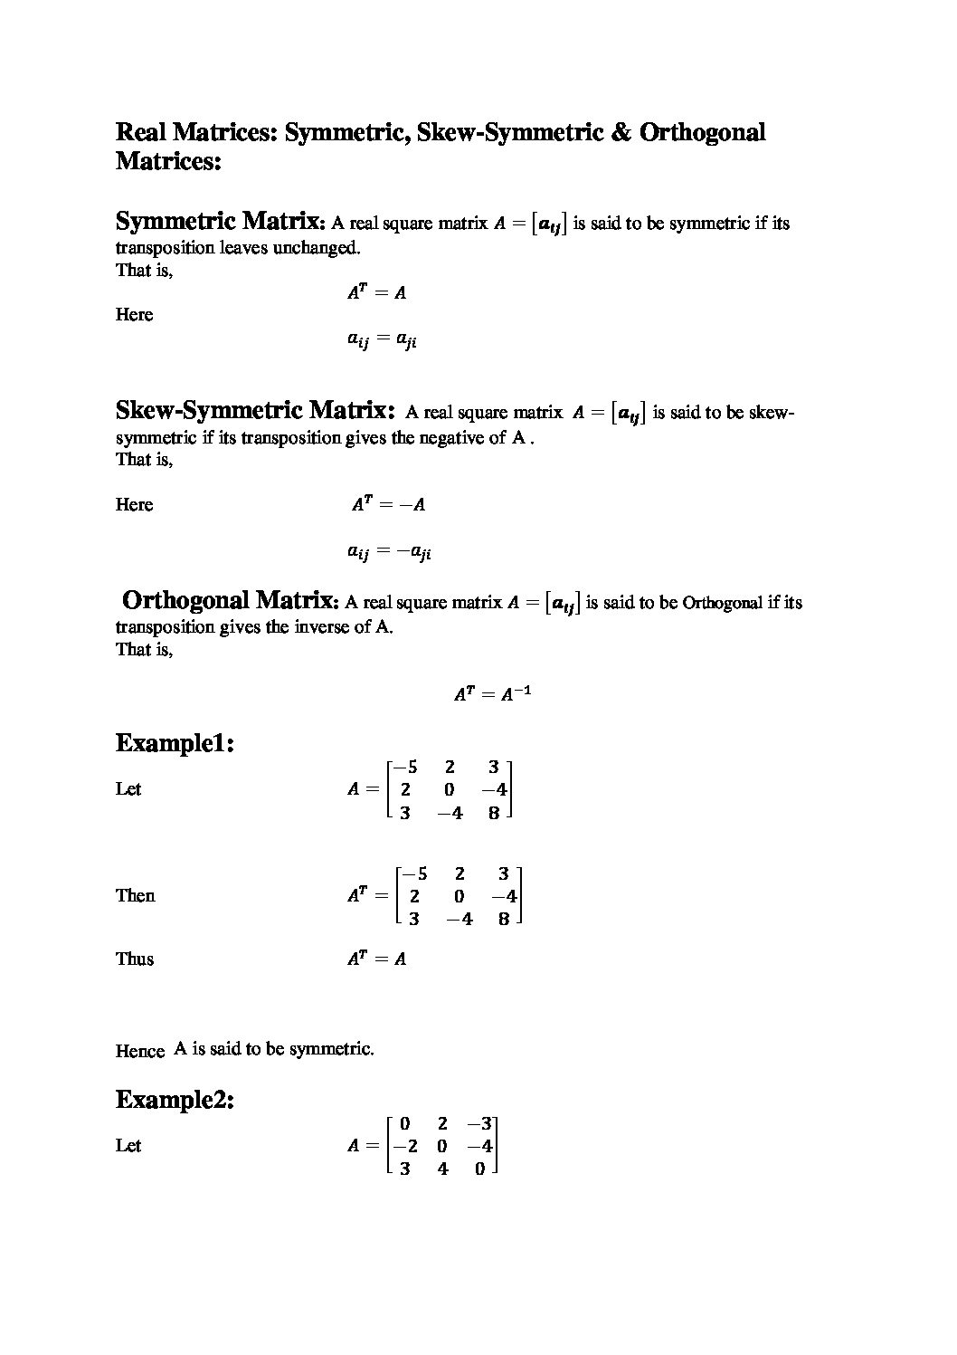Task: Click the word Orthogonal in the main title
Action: coord(702,132)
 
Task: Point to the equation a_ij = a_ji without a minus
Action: coord(382,340)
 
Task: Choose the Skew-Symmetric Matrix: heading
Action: coord(256,411)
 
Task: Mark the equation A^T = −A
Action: coord(388,504)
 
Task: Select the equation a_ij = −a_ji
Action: coord(389,552)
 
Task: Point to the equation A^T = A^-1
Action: coord(492,694)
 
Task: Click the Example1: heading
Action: coord(175,744)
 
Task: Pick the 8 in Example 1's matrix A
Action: coord(494,813)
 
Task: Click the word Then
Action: coord(135,895)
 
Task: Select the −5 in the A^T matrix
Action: coord(414,873)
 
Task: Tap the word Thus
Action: coord(135,959)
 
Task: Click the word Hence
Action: coord(139,1051)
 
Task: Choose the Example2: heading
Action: coord(175,1101)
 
